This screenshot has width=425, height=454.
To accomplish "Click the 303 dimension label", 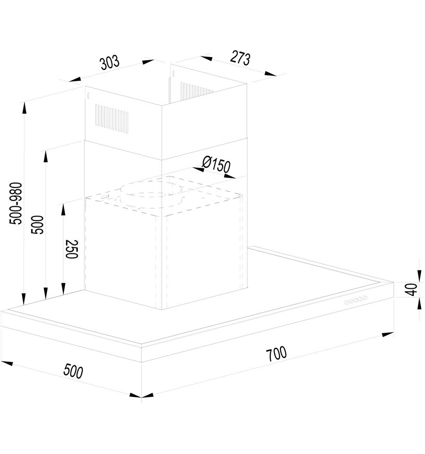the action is [110, 63].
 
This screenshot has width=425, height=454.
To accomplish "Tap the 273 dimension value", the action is [240, 58].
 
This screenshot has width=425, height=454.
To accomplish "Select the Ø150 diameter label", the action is [216, 164].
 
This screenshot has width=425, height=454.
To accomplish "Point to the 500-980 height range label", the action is [16, 203].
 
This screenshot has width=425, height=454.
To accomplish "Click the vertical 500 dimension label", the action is [37, 225].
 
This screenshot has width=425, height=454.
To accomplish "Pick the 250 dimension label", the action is [72, 249].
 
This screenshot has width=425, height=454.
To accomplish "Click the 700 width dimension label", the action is [276, 353].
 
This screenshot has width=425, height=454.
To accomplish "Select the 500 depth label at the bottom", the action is [73, 371].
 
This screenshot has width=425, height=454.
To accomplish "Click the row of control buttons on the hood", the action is [356, 300].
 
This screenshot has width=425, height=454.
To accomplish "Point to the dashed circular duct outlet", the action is [152, 193].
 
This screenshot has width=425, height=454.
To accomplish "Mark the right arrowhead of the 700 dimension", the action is [388, 335].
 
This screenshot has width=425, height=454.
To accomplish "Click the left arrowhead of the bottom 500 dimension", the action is [7, 363].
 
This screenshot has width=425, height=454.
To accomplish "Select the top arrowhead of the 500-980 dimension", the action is [24, 108].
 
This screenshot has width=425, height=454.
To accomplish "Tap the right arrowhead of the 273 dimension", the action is [271, 74].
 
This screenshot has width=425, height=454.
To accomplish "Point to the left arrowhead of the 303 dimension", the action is [75, 79].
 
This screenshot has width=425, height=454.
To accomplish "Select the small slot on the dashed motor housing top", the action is [104, 196].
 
